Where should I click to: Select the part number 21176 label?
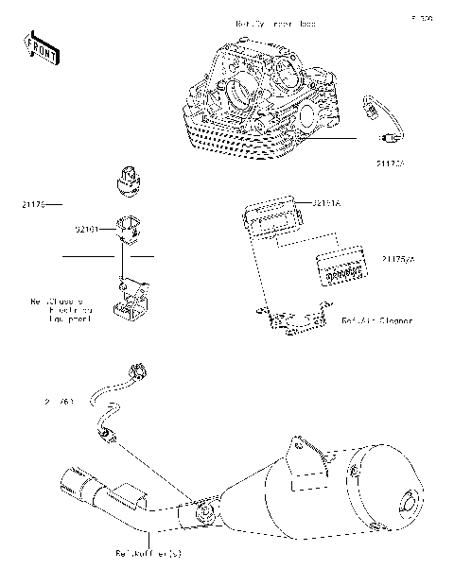(30, 204)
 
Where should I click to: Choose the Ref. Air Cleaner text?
(376, 321)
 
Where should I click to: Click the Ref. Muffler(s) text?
(148, 553)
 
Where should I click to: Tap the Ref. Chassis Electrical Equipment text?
(61, 312)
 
